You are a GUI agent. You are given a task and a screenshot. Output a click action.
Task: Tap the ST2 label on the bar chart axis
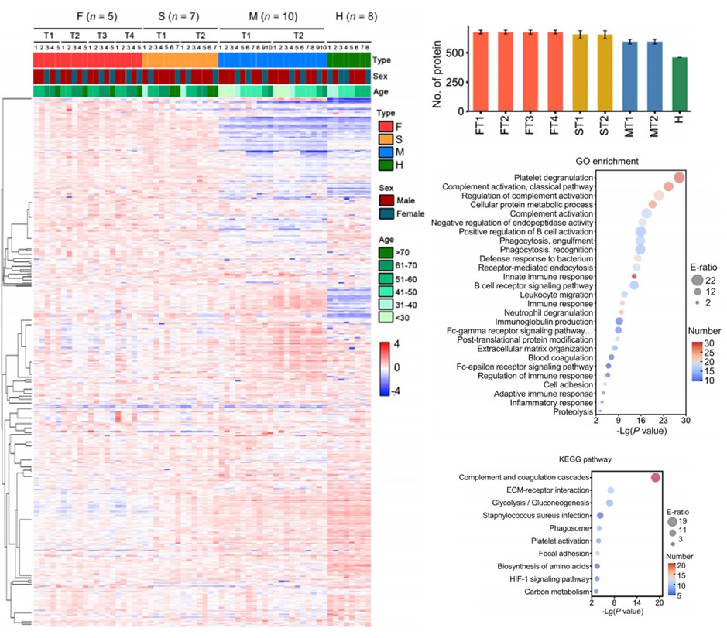[x=605, y=125]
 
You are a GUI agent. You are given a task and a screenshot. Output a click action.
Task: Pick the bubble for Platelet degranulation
[x=679, y=178]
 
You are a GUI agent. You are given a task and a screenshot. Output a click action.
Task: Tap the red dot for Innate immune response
[x=634, y=276]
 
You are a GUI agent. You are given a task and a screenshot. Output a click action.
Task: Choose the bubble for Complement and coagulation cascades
[x=656, y=478]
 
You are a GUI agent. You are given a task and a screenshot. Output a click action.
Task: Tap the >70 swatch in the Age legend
[x=385, y=251]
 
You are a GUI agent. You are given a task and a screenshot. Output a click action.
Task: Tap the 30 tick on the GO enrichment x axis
[x=684, y=419]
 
